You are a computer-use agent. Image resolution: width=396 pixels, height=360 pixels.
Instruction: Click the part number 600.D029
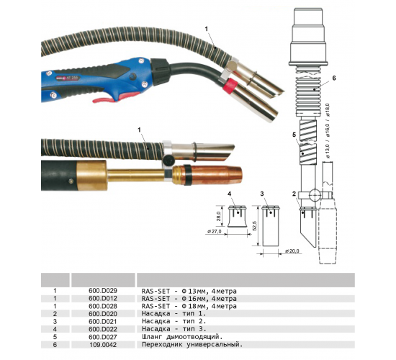[x=103, y=291]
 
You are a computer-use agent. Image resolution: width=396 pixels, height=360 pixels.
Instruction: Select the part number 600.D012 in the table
[x=103, y=298]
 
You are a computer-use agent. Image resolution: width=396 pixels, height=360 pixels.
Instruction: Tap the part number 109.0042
[x=103, y=345]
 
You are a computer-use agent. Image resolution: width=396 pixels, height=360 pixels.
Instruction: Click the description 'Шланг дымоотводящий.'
[x=182, y=337]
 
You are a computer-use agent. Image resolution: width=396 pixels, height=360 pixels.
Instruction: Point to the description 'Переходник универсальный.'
[x=192, y=345]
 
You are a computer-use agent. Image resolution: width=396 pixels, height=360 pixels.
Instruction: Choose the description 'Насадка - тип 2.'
[x=174, y=322]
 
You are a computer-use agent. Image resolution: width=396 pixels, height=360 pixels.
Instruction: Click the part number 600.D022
[x=103, y=329]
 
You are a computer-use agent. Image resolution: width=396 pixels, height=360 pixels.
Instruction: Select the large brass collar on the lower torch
[x=91, y=175]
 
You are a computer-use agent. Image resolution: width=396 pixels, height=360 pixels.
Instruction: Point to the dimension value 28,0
[x=219, y=216]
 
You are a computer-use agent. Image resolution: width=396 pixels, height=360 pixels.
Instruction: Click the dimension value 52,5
[x=254, y=226]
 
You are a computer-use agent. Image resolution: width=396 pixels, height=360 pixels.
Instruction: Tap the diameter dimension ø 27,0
[x=214, y=231]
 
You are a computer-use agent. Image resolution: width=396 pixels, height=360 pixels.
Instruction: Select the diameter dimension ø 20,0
[x=292, y=251]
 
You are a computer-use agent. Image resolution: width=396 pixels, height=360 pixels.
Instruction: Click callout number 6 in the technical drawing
[x=334, y=78]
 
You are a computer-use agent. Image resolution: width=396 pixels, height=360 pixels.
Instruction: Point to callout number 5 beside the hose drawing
[x=294, y=135]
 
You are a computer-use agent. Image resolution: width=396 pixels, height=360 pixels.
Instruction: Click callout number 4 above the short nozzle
[x=229, y=194]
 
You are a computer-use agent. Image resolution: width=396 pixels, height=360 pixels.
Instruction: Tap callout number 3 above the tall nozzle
[x=262, y=194]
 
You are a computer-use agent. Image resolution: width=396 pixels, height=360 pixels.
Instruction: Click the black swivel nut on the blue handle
[x=160, y=71]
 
